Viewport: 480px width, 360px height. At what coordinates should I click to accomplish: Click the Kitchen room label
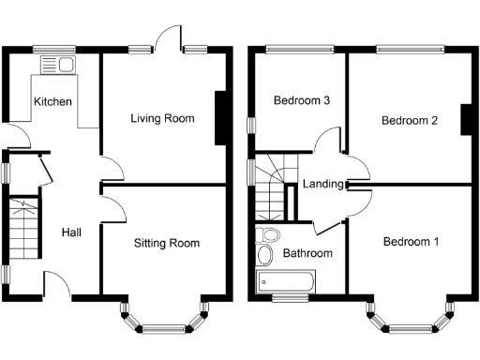click(52, 101)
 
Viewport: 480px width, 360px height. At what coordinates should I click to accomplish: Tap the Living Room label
click(162, 118)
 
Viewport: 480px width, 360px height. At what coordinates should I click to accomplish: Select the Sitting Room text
click(166, 243)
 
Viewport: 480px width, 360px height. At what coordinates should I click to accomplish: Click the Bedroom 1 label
click(411, 242)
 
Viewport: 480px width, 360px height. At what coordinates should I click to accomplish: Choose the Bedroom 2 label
click(411, 121)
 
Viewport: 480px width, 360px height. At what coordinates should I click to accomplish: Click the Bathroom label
click(308, 253)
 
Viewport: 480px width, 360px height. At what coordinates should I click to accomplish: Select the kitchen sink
click(57, 64)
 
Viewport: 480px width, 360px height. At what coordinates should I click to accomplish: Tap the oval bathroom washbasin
click(264, 255)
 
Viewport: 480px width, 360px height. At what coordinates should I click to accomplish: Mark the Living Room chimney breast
click(220, 118)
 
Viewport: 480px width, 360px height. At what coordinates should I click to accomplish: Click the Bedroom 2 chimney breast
click(464, 120)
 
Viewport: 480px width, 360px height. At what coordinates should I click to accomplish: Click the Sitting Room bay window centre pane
click(166, 327)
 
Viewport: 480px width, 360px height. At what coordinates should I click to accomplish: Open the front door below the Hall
click(58, 286)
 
